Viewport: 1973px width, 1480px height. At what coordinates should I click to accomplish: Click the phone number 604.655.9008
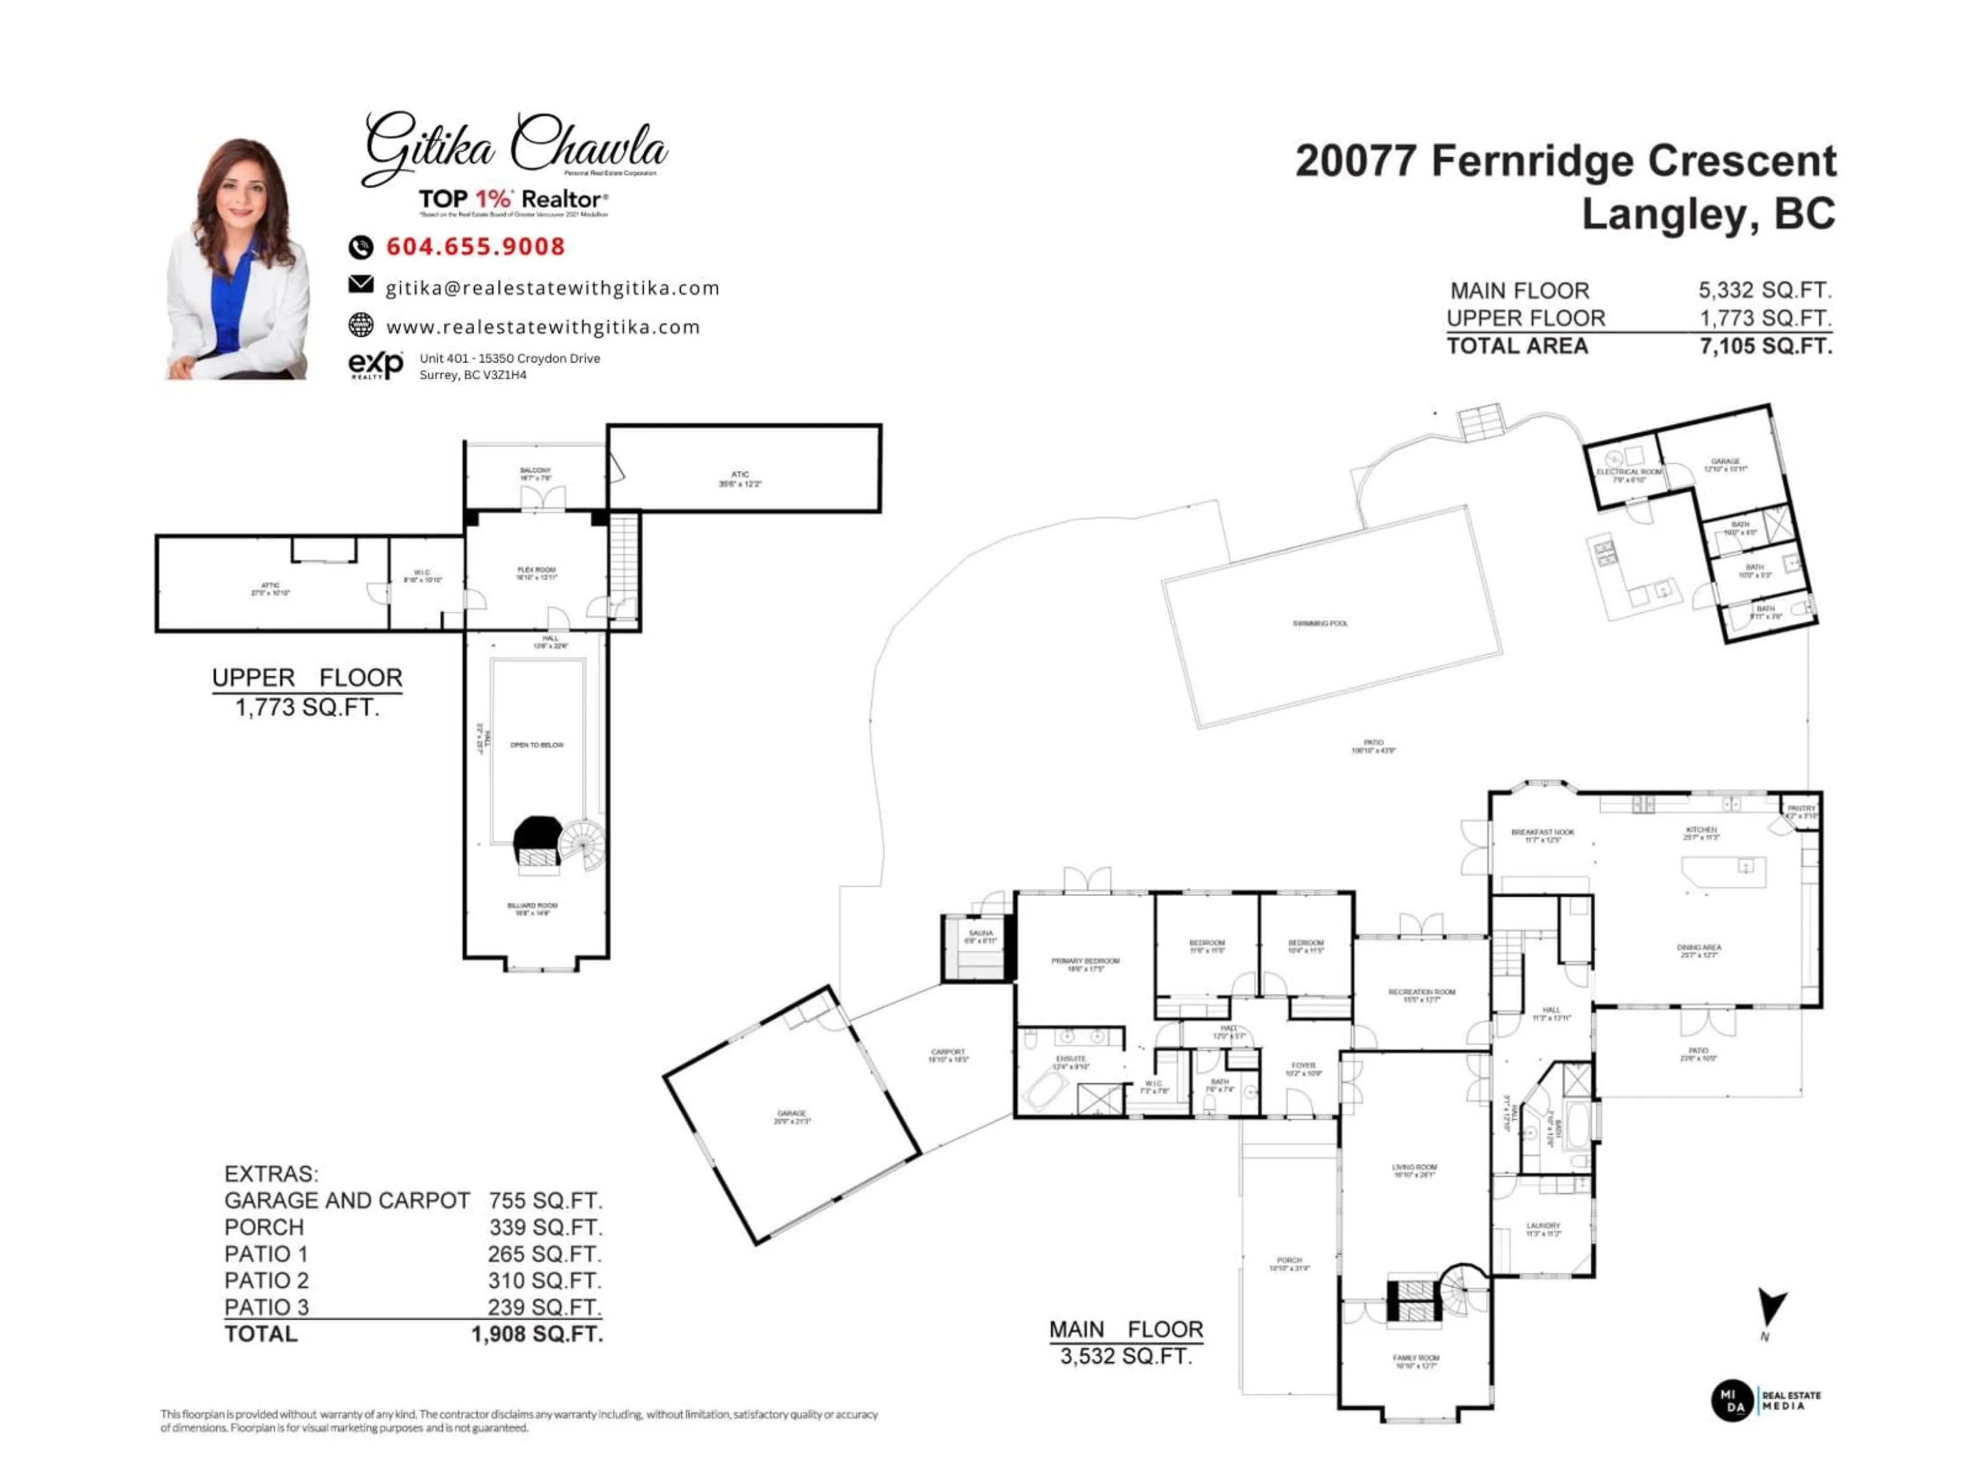point(475,247)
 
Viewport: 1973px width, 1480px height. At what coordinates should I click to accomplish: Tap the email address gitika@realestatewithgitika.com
point(552,288)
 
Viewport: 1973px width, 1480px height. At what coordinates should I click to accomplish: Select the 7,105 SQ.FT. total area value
point(1765,346)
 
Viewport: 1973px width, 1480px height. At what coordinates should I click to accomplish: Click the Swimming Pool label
point(1320,623)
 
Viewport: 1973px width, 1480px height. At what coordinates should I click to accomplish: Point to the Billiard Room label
point(532,906)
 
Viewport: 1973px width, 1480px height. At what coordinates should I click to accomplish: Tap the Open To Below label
point(537,745)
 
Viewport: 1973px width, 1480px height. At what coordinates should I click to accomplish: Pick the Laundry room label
point(1543,1227)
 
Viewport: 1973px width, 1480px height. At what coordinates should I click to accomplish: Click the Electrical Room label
point(1629,472)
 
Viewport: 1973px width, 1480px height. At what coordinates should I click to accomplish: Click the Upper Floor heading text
point(307,678)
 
